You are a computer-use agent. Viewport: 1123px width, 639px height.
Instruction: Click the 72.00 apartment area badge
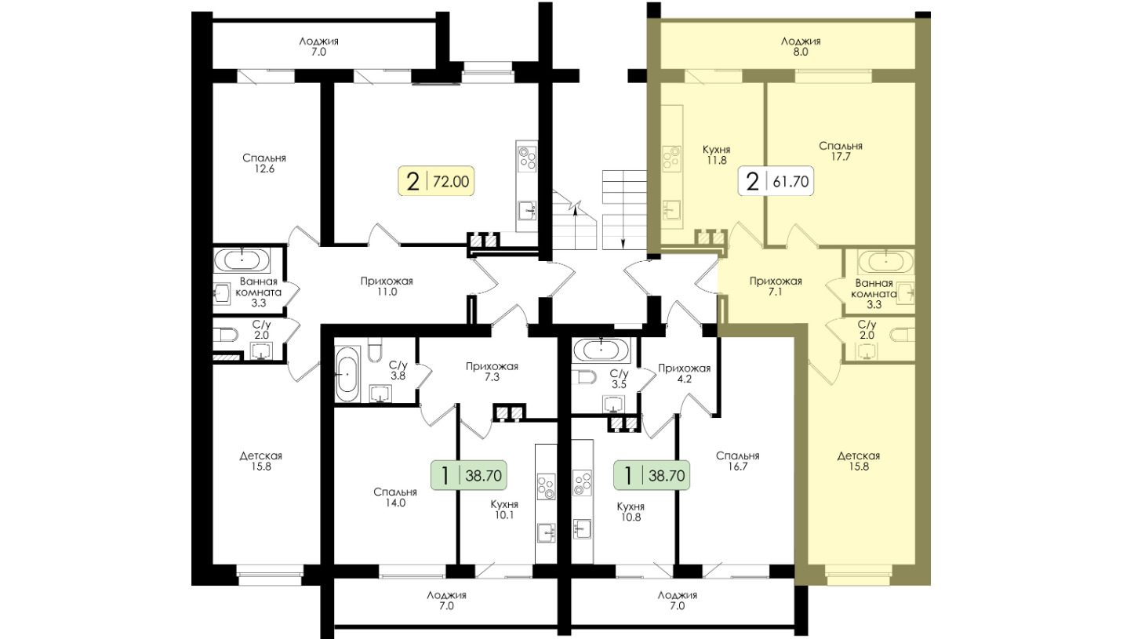coord(436,181)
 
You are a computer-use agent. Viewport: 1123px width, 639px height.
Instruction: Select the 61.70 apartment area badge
coord(776,181)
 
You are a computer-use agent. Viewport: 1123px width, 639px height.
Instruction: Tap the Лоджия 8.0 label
coord(801,46)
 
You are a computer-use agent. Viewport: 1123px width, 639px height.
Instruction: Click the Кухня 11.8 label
coord(717,155)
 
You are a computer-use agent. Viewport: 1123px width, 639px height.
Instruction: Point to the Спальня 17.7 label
coord(841,151)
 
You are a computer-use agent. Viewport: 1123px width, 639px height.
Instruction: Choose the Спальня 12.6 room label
coord(264,163)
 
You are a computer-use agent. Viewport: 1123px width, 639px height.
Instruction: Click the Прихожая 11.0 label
coord(387,286)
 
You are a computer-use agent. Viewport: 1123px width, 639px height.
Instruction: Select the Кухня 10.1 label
coord(504,510)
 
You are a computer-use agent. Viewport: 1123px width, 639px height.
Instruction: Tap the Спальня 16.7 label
coord(737,461)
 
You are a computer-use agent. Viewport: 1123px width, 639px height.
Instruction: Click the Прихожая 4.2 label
coord(685,374)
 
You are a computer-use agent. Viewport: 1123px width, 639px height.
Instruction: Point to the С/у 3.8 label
coord(398,370)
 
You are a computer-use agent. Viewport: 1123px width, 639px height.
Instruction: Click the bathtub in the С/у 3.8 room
coord(347,374)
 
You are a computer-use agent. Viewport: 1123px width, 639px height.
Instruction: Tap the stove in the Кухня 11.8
coord(672,157)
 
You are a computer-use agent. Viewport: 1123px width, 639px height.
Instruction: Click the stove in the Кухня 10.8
coord(582,483)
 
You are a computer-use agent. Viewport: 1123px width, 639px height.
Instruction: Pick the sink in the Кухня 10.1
coord(546,533)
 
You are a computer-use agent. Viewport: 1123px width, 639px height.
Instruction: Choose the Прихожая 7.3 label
coord(492,372)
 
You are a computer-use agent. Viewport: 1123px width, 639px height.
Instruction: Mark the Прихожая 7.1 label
coord(776,286)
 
